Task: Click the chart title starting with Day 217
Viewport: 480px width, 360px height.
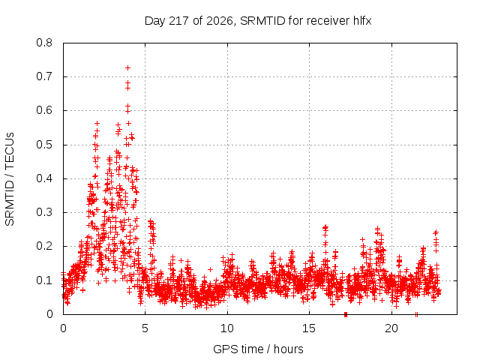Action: coord(258,21)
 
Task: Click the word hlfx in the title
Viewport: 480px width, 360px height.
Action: coord(362,20)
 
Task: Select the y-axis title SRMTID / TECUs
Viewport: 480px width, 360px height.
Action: coord(10,179)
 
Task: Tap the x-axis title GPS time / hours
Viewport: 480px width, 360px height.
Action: coord(258,349)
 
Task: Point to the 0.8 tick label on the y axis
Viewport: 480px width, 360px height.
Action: coord(44,43)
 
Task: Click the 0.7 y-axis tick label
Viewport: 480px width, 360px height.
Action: coord(44,76)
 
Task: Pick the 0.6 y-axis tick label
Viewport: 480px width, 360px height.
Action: coord(44,110)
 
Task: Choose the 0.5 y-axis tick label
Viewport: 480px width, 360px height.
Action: coord(44,145)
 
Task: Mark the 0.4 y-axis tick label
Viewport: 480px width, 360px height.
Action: coord(44,178)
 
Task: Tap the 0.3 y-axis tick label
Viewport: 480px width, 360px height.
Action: coord(44,212)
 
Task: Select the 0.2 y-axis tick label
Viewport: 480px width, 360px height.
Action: coord(44,246)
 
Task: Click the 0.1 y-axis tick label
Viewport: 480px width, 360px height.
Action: coord(44,280)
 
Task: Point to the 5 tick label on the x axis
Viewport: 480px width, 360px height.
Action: coord(145,328)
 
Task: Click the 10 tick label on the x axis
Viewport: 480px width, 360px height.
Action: coord(227,328)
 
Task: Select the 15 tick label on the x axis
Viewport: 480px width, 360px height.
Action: coord(309,328)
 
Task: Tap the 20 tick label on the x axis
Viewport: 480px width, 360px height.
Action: coord(391,328)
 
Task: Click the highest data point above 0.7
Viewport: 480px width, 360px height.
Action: coord(128,68)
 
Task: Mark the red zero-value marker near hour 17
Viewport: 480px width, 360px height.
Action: coord(346,314)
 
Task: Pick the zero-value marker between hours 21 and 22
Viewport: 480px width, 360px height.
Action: coord(416,314)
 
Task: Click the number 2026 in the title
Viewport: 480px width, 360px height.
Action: coord(220,21)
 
